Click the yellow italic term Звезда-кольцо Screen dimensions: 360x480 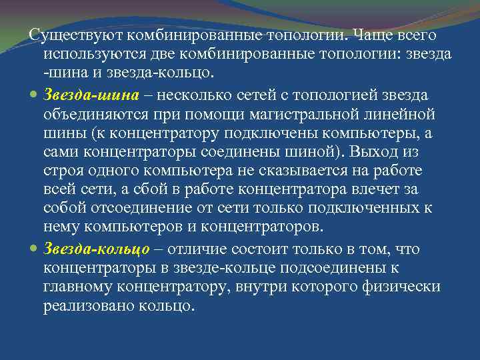click(93, 249)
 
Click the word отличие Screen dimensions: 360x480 click(197, 249)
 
